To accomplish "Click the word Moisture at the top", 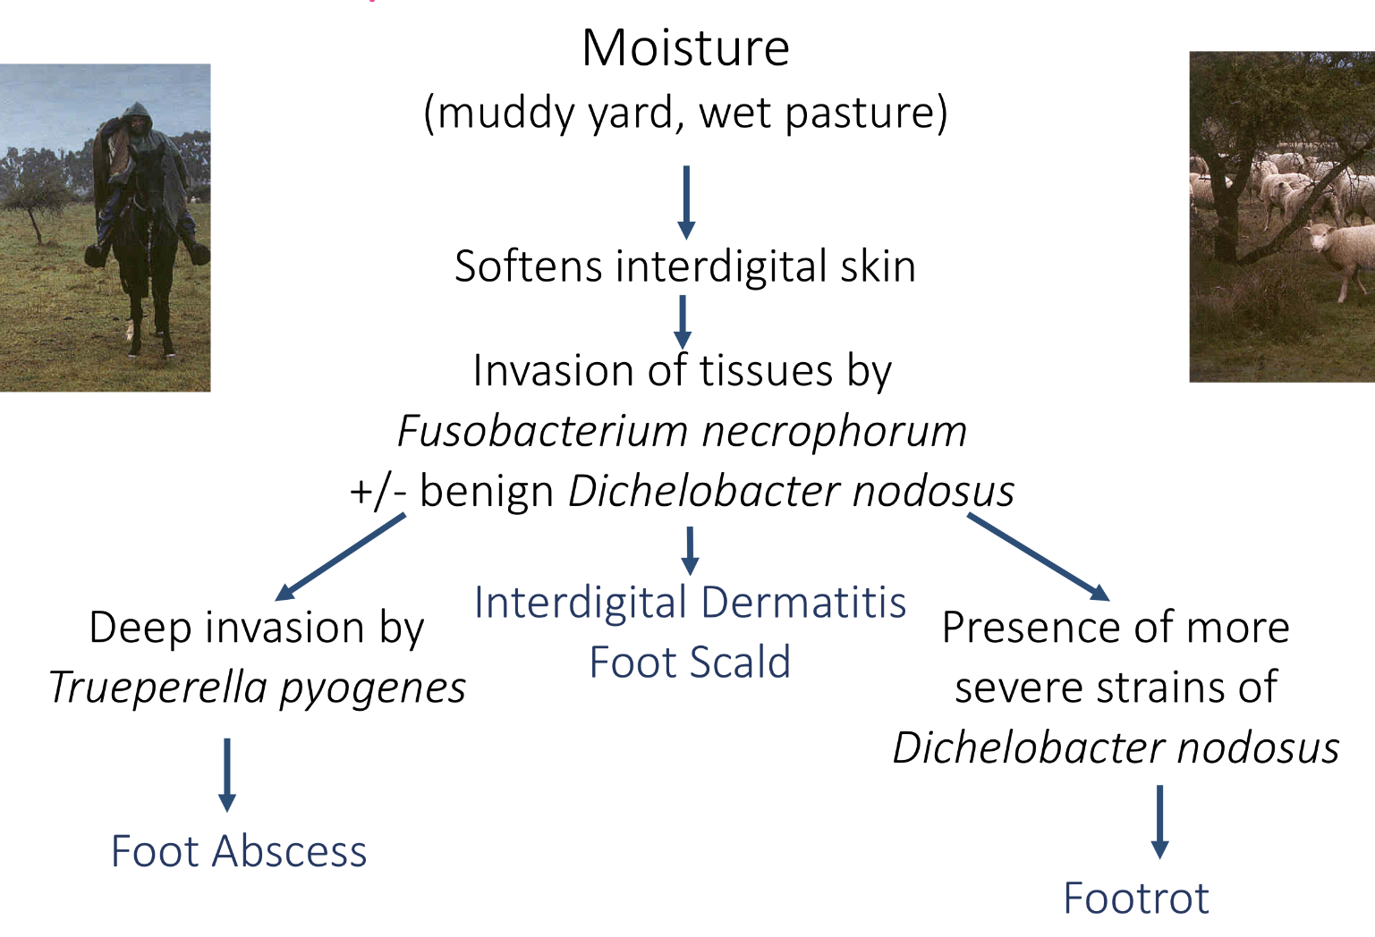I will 685,48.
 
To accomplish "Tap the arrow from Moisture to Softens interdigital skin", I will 686,201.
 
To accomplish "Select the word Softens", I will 528,266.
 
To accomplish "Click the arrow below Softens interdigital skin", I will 683,322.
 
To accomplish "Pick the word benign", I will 487,491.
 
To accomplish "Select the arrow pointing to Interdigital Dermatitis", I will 690,550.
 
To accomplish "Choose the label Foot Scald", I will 690,663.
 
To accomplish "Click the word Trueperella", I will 158,688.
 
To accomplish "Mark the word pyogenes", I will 372,688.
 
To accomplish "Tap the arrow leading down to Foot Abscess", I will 227,774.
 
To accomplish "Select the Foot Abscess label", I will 239,851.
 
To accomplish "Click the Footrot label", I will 1135,899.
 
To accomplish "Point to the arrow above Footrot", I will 1159,822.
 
